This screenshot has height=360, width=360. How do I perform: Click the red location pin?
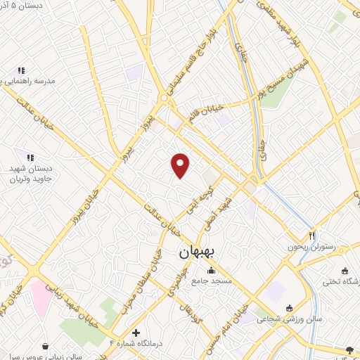click(x=181, y=165)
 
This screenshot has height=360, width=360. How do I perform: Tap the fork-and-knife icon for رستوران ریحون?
click(x=312, y=236)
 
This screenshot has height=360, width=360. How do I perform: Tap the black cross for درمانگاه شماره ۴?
click(x=136, y=332)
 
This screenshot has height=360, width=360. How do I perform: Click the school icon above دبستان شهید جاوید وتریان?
click(x=30, y=158)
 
